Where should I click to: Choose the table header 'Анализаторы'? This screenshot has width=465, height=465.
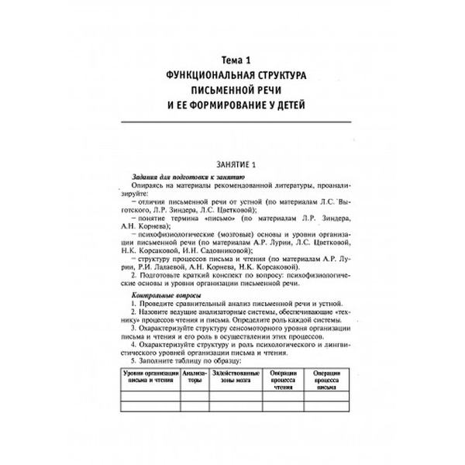tap(196, 377)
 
